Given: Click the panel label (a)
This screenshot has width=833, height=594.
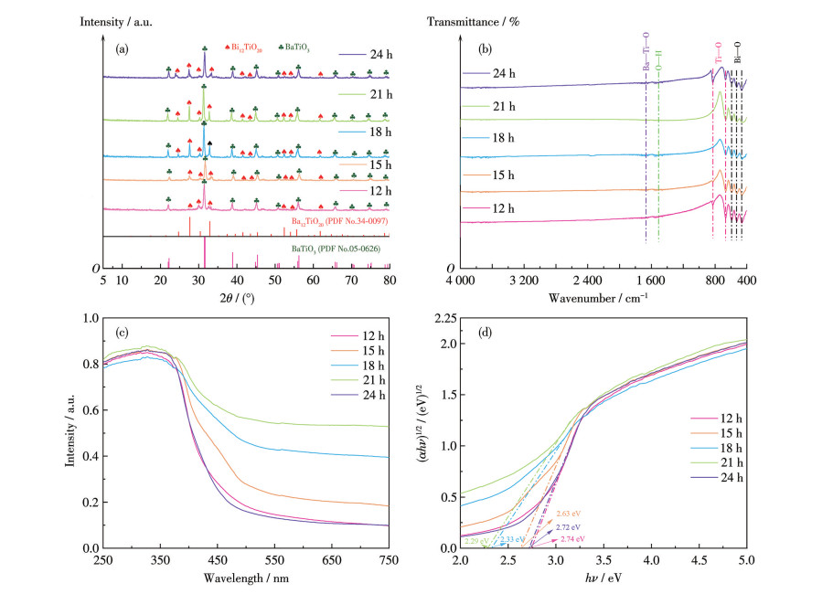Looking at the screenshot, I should pyautogui.click(x=120, y=50).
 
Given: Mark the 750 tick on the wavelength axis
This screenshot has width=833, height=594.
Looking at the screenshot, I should pyautogui.click(x=388, y=559).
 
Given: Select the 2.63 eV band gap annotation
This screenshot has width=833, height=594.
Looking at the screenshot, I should pyautogui.click(x=568, y=514).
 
